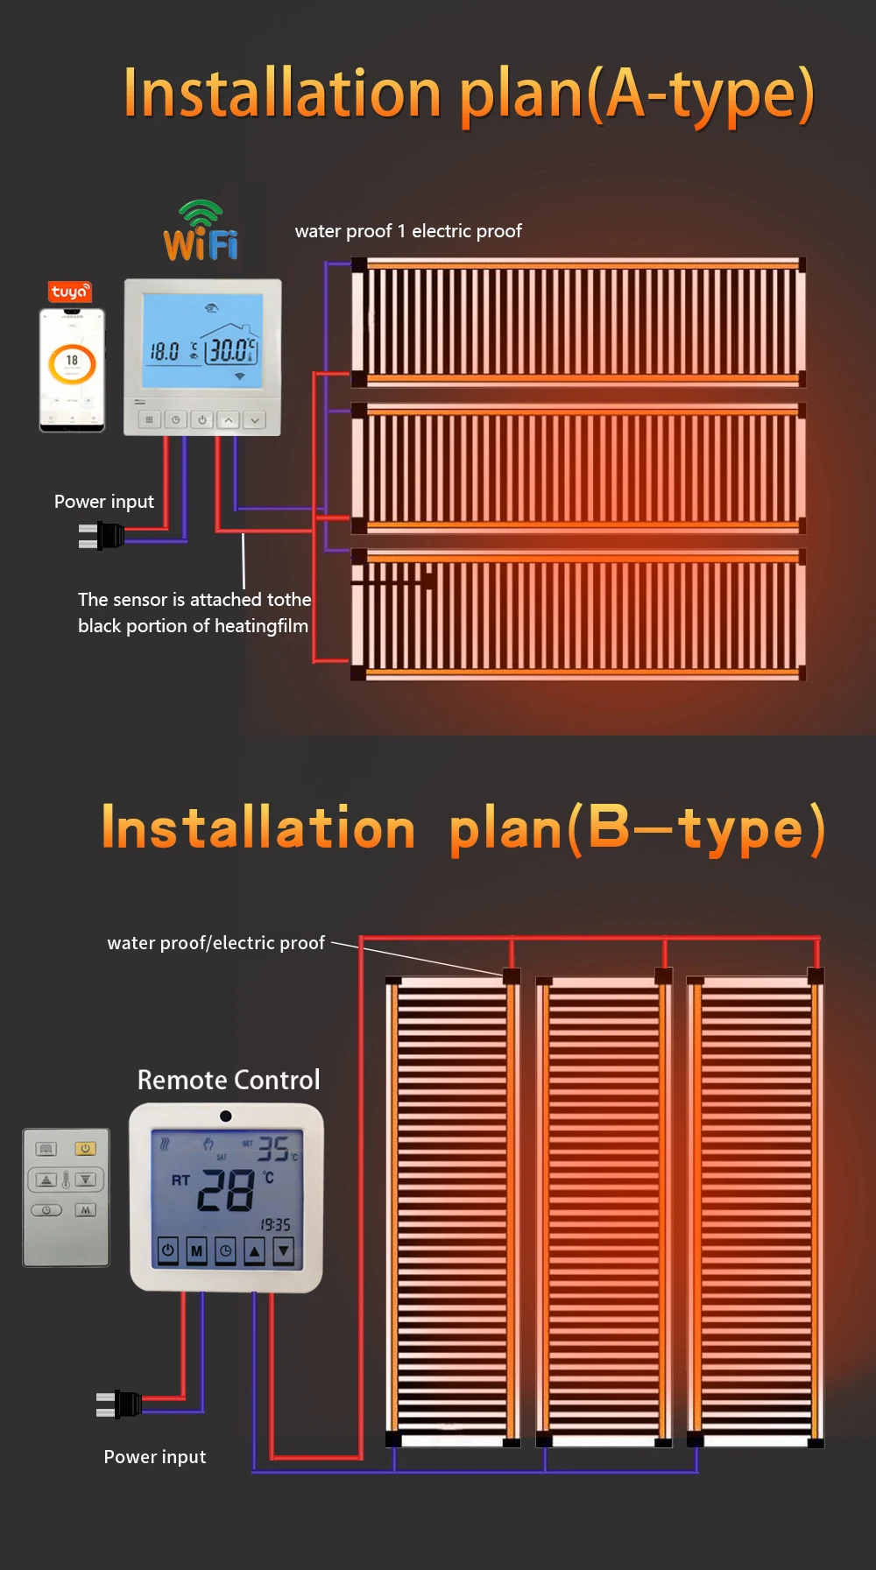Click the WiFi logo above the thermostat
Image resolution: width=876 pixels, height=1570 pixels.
click(x=201, y=232)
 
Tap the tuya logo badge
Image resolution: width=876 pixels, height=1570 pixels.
click(x=69, y=292)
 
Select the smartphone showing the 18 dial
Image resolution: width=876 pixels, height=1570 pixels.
click(x=72, y=369)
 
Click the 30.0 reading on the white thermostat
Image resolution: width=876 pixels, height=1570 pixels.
click(x=230, y=351)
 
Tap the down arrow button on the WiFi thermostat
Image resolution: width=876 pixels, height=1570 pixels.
click(x=254, y=420)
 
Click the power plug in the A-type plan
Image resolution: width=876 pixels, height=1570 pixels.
click(x=102, y=535)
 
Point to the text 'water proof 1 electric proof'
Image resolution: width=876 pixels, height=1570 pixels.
click(x=408, y=231)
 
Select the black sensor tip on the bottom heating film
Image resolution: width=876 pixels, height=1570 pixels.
click(x=428, y=580)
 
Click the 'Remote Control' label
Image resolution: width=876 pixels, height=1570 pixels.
click(x=229, y=1080)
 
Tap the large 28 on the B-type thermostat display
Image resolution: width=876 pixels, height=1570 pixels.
click(x=226, y=1191)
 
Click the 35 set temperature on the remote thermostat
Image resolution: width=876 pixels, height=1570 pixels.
click(x=272, y=1150)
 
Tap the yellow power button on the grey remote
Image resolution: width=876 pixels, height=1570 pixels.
click(x=85, y=1149)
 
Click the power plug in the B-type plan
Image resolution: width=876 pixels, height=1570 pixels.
click(x=120, y=1404)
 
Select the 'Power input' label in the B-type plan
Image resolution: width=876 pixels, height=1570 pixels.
click(x=155, y=1457)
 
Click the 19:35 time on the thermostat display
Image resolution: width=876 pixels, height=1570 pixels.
click(x=275, y=1225)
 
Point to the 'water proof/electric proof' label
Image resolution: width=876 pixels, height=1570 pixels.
click(x=216, y=943)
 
